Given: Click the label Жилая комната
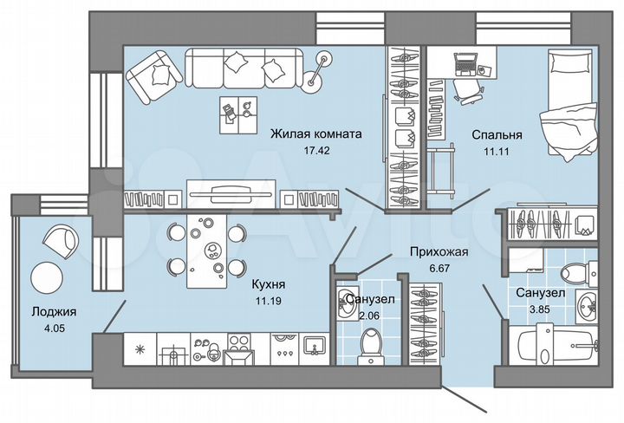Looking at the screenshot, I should [x=315, y=134].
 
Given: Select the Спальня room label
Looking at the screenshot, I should [x=497, y=135].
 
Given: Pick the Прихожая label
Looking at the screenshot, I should [x=439, y=252].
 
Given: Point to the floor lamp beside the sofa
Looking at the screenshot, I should [x=323, y=62].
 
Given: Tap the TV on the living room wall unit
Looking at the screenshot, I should [x=232, y=190].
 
